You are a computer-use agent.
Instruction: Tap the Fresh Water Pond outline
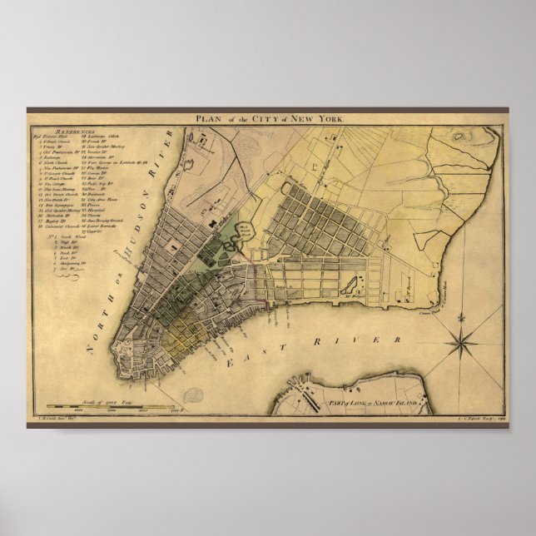(241, 240)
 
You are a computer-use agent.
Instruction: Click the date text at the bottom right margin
(487, 422)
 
